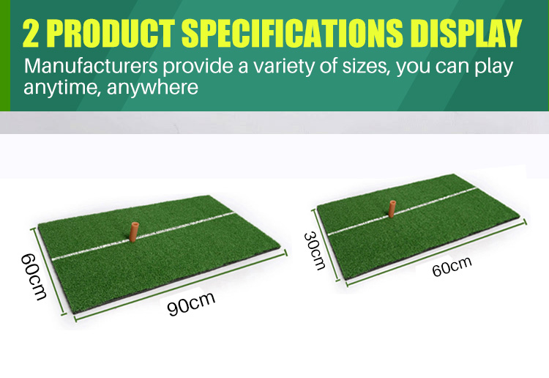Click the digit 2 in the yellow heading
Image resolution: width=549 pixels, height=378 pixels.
point(31,33)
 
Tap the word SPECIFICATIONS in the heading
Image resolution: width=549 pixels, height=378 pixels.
point(292,33)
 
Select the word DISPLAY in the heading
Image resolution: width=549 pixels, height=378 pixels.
point(466,33)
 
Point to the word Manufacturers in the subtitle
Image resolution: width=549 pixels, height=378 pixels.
point(91,66)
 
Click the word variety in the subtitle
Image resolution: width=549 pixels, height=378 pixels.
point(283,67)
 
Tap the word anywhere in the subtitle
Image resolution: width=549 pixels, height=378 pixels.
point(152,88)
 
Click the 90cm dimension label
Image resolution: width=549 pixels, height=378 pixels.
point(191,303)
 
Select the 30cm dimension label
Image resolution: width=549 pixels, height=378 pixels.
point(315,251)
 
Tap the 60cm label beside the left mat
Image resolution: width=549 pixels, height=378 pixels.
point(33,277)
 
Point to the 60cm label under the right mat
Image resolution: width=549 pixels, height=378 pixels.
point(452,266)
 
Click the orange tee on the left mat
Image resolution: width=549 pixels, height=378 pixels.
point(134,231)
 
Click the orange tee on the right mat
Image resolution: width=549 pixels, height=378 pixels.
point(392,209)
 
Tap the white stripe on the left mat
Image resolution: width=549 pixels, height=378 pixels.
point(143,236)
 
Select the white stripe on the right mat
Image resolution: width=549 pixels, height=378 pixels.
point(402,210)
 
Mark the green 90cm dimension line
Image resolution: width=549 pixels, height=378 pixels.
point(181,285)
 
